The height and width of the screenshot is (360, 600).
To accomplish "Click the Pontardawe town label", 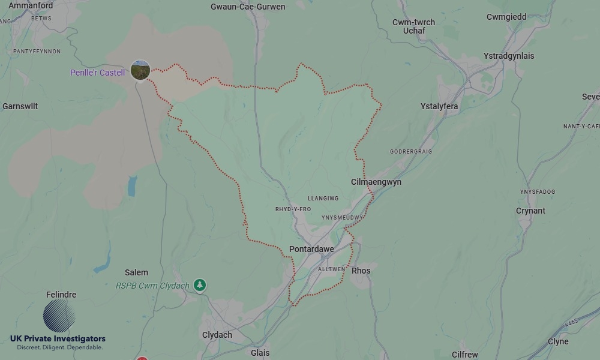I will click(x=311, y=249).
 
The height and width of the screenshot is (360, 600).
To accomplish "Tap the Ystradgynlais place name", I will click(x=509, y=56).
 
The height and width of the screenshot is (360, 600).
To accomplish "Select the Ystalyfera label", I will click(x=439, y=106).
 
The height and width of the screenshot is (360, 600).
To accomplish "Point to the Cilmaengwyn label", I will click(x=376, y=182).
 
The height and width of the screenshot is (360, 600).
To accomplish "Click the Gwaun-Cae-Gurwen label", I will click(x=248, y=7).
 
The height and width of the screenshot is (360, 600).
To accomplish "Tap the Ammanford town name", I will click(x=31, y=5).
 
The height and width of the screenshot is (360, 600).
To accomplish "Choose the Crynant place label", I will click(x=530, y=211).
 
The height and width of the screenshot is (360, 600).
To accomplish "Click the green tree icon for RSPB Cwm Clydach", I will click(x=199, y=285).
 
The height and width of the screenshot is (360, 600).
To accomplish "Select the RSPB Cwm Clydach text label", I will click(x=152, y=286).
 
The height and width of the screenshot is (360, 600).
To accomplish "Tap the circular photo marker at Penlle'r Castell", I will click(x=140, y=70).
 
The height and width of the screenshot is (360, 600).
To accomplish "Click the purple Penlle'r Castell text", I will click(x=97, y=73).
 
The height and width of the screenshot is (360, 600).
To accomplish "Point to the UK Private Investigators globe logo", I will click(x=59, y=316).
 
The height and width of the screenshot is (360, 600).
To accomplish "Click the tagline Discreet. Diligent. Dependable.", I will click(x=59, y=347).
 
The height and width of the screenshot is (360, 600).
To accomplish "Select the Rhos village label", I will click(x=361, y=271).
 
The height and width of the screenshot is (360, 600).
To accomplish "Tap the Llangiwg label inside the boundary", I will click(x=323, y=199).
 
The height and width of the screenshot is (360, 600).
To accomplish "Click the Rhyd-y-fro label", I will click(x=293, y=209).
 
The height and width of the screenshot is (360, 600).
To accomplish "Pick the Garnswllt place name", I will click(x=20, y=106).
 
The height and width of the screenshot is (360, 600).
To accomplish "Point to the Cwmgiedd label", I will click(x=506, y=17).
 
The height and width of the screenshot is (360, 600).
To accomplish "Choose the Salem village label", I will click(x=136, y=272).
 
